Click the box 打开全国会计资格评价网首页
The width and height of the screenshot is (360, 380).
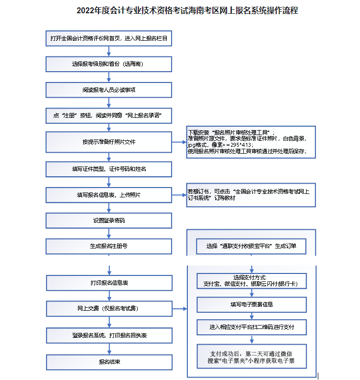[x=109, y=38]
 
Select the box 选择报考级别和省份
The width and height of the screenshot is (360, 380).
[x=109, y=64]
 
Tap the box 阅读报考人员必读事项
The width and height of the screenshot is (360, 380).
[x=109, y=90]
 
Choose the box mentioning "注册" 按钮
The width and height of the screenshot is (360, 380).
[x=109, y=116]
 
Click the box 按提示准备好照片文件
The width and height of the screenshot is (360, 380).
[x=109, y=142]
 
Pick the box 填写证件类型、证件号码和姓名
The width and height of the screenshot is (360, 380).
[x=109, y=169]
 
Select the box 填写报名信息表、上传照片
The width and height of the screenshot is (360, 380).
[x=109, y=195]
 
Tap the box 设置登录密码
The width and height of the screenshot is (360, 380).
[x=109, y=220]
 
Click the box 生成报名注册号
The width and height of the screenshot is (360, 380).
[x=109, y=246]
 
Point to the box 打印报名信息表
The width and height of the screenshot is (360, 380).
[x=109, y=283]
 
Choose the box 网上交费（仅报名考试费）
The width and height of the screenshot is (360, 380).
[x=109, y=309]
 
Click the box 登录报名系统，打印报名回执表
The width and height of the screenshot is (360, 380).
[x=109, y=335]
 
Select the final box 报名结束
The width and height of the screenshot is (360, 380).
[x=109, y=362]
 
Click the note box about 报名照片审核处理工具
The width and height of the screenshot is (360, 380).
[x=251, y=142]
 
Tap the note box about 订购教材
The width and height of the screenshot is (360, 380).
[x=251, y=194]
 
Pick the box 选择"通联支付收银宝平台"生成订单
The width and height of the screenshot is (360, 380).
[x=251, y=246]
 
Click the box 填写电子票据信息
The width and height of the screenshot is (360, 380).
[x=251, y=304]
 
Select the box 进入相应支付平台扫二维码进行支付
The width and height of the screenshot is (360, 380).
[x=251, y=326]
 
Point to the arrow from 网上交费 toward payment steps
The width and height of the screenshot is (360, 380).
[x=180, y=309]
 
